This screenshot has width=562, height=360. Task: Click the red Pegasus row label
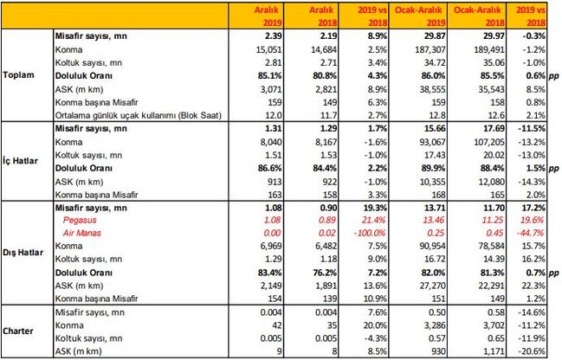81,220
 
